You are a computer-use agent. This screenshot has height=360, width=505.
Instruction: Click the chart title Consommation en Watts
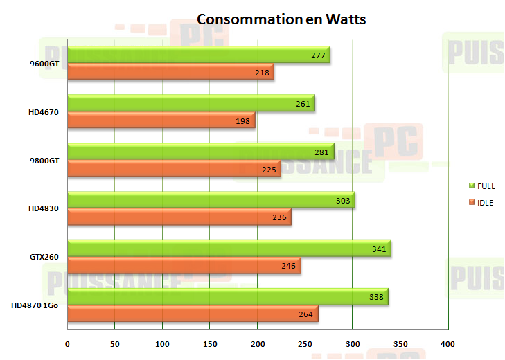tap(281, 19)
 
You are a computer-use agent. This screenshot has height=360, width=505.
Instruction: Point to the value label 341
tap(378, 248)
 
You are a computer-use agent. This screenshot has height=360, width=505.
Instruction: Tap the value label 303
tap(342, 200)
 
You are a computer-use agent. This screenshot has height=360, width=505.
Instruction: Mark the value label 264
tap(305, 314)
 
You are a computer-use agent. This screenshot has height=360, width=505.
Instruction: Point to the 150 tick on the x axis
tap(210, 344)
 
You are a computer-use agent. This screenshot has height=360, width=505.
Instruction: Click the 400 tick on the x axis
tap(448, 344)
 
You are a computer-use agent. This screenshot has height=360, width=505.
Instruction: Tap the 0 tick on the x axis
tap(67, 344)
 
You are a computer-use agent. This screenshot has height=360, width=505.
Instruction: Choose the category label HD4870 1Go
tap(35, 305)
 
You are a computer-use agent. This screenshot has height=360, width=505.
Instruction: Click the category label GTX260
tap(44, 257)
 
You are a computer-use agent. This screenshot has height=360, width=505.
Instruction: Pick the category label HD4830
tap(43, 208)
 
